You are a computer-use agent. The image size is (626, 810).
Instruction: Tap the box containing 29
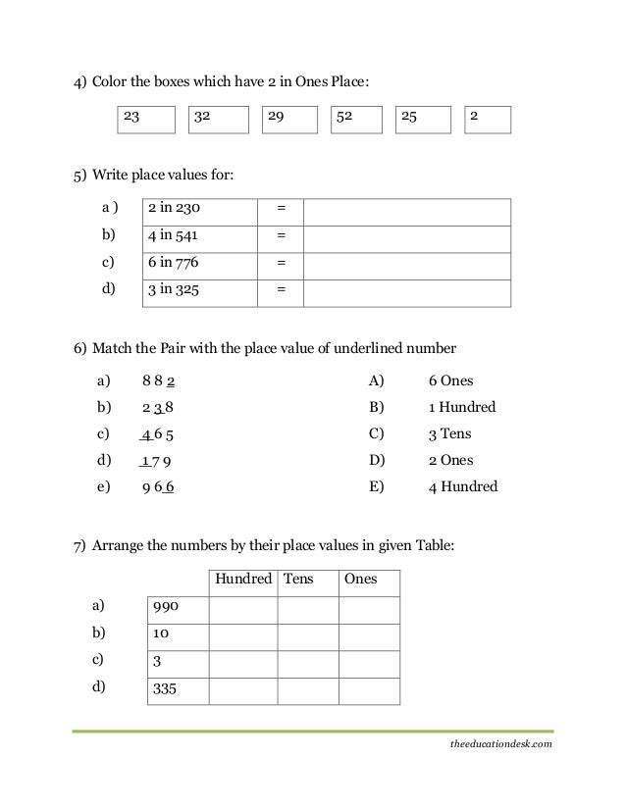[291, 120]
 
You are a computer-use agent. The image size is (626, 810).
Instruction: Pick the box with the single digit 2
[487, 120]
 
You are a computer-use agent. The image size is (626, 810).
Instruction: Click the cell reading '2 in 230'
[201, 211]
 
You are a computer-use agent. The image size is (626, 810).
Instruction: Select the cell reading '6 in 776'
[201, 265]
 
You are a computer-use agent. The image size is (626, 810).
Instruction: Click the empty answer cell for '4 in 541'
[407, 238]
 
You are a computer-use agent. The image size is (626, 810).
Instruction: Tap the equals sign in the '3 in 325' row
[282, 292]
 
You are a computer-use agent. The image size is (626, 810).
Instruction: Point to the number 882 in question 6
[159, 380]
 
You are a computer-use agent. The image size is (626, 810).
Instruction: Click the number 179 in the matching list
[157, 460]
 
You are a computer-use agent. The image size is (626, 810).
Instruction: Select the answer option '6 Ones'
[450, 380]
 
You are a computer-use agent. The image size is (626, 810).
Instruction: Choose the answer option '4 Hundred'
[462, 486]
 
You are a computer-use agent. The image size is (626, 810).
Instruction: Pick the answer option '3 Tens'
[449, 433]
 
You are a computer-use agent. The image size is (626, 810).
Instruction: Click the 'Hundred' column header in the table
[242, 580]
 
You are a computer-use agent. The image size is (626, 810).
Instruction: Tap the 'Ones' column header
[361, 580]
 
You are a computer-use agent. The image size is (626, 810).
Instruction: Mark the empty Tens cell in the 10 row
[307, 636]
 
